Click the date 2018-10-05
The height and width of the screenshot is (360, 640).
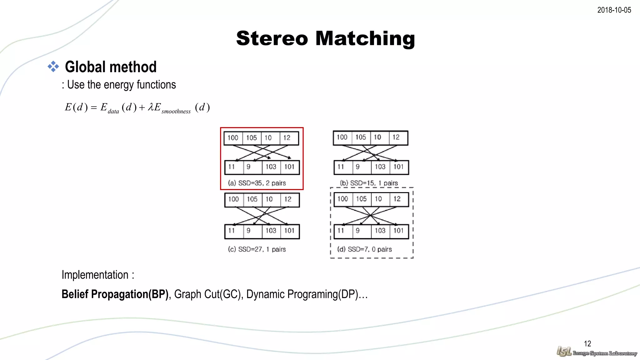coord(614,10)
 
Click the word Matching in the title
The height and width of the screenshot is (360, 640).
coord(365,38)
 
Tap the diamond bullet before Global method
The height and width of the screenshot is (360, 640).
coord(53,67)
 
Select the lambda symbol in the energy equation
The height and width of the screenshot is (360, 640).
coord(151,107)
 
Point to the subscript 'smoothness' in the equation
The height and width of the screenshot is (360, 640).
coord(176,111)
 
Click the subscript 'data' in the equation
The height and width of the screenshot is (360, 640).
coord(113,111)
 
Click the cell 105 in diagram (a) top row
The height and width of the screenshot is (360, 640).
coord(252,138)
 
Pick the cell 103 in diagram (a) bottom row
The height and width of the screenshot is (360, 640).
coord(271,167)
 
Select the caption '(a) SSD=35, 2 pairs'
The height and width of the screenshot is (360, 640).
coord(257,183)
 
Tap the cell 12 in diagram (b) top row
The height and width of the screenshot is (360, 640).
coord(396,137)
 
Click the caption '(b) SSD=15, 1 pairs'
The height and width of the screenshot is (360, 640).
coord(369,183)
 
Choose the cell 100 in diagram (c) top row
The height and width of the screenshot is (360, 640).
coord(233,199)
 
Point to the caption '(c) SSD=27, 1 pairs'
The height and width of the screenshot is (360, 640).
coord(257,249)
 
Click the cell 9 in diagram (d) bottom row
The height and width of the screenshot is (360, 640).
coord(357,231)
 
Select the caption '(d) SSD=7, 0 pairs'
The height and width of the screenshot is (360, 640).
coord(364,249)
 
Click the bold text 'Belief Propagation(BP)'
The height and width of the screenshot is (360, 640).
coord(115,294)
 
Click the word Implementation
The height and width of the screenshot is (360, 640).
coord(95,275)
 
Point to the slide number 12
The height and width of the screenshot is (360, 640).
coord(587,344)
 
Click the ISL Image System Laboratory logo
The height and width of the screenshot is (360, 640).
coord(597,352)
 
